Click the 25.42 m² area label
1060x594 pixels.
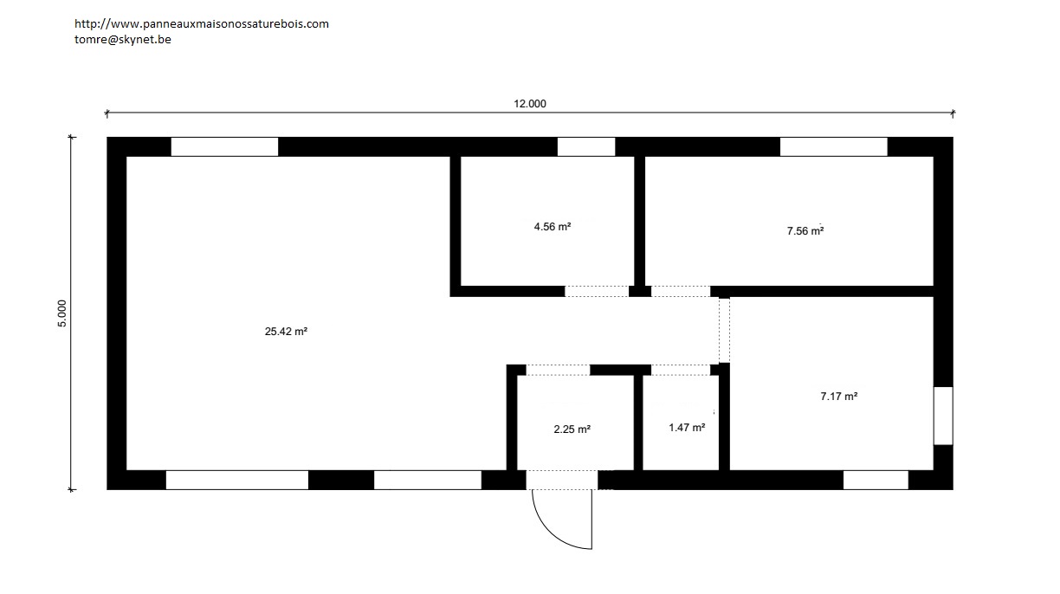286,332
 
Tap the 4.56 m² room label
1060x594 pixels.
553,227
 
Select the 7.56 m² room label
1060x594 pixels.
805,231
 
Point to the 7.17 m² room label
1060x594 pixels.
838,397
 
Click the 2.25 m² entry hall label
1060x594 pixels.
572,429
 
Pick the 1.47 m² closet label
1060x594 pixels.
687,428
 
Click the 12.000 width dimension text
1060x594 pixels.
530,104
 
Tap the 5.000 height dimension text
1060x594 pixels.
62,313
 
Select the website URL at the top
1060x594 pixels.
202,23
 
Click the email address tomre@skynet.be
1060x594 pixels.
123,39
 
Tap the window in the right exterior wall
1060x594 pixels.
943,416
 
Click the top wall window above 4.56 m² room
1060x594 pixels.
586,146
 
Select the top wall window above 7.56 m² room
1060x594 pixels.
834,146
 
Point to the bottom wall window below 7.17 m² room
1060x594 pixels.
876,480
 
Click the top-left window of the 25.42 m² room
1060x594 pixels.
225,146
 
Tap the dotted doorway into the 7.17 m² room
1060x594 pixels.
725,331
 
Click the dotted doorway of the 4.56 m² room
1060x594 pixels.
597,291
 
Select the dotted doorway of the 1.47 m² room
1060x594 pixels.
681,370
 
